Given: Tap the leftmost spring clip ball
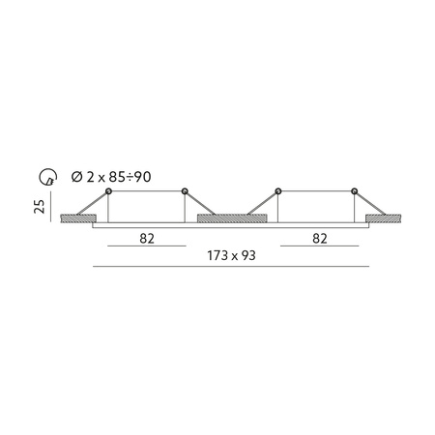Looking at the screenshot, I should pyautogui.click(x=108, y=190).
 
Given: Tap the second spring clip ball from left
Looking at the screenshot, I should pyautogui.click(x=184, y=190).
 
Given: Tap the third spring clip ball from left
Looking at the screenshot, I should pyautogui.click(x=278, y=190).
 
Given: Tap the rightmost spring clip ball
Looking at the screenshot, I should pyautogui.click(x=354, y=190).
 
